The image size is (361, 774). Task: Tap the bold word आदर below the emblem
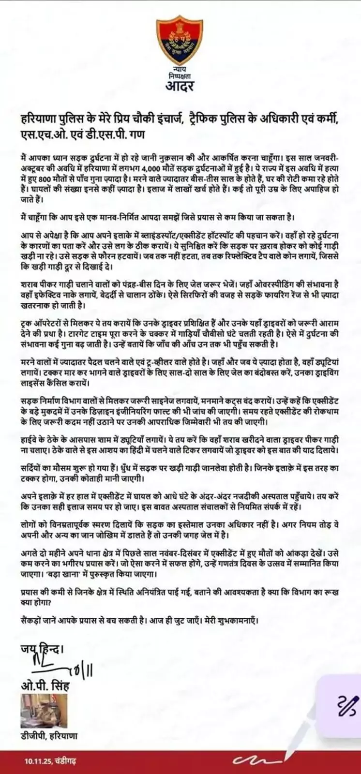[x=180, y=87]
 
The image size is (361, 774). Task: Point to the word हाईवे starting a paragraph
[x=30, y=440]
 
